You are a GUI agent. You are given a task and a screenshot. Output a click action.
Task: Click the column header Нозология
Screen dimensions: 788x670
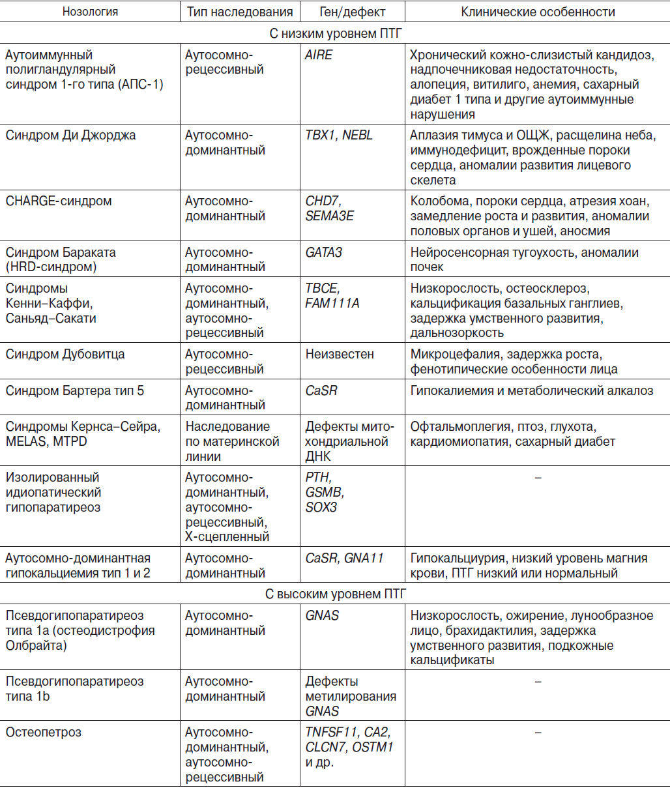[x=90, y=12]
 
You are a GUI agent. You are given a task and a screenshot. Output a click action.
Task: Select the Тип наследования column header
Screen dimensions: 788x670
[x=239, y=12]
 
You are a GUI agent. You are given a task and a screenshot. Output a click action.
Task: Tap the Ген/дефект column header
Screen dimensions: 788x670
[x=353, y=12]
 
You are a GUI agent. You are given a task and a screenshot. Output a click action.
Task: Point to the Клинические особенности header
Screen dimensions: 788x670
[x=538, y=12]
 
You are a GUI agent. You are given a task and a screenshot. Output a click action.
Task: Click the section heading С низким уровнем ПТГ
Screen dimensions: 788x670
[x=335, y=33]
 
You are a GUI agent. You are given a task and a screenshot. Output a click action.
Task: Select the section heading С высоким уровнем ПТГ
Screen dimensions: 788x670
[x=335, y=594]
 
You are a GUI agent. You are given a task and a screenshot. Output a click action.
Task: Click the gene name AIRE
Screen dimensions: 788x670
[x=319, y=55]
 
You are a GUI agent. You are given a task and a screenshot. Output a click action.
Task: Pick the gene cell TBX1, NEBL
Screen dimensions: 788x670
[x=339, y=136]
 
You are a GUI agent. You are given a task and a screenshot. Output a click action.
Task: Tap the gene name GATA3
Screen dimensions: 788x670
[x=324, y=252]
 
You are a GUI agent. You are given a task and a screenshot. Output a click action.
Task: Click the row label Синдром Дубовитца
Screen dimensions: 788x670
[x=65, y=355]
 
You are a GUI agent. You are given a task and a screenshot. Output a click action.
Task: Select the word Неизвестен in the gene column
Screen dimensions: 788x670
[x=340, y=355]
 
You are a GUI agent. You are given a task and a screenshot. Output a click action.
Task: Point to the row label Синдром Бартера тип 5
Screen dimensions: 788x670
[x=75, y=391]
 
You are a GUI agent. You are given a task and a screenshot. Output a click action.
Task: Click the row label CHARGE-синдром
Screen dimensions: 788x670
[x=59, y=201]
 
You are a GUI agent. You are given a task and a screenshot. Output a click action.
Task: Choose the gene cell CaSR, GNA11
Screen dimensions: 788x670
[x=344, y=559]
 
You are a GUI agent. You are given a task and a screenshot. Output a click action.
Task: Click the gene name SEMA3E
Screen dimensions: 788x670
[x=329, y=216]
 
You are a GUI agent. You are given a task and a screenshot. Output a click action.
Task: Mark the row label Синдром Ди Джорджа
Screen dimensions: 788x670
[x=70, y=136]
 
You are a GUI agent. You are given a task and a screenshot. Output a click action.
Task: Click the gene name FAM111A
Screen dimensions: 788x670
[x=332, y=303]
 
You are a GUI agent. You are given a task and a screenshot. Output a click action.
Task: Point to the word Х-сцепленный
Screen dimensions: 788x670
[x=227, y=537]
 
